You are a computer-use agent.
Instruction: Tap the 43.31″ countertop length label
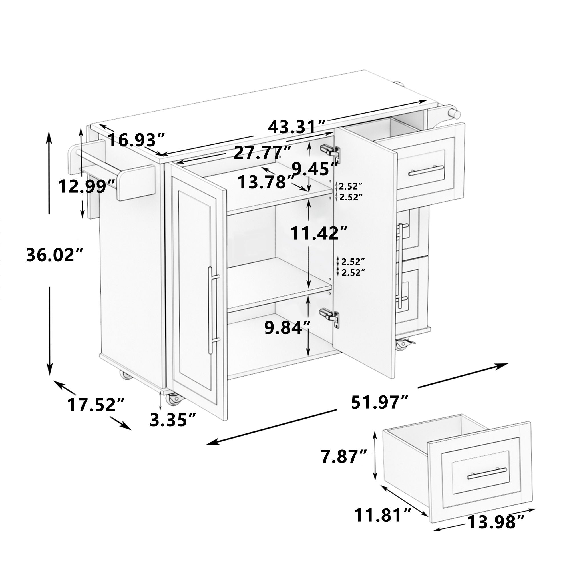coord(296,127)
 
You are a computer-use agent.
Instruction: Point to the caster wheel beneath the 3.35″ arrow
coord(172,400)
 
